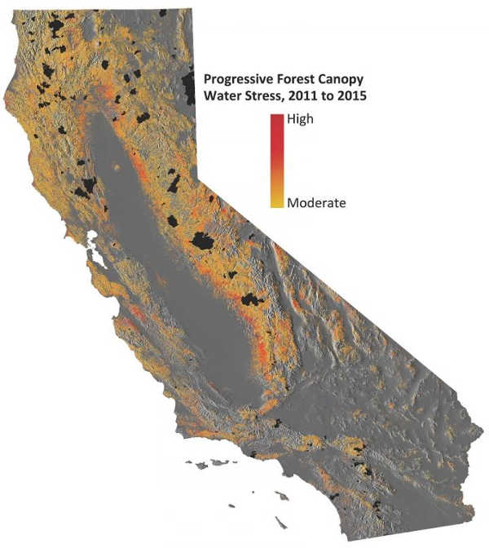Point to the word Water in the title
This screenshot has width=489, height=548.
(221, 96)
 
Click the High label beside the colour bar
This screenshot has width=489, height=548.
(300, 119)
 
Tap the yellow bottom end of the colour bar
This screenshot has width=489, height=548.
(277, 204)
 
